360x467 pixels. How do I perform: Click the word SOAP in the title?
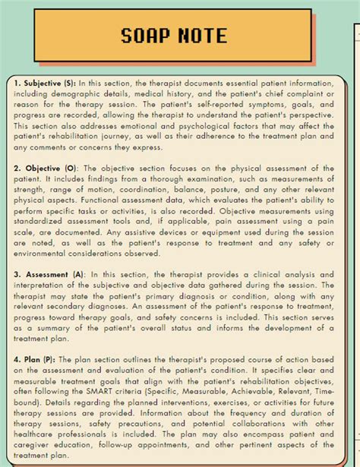(x=148, y=35)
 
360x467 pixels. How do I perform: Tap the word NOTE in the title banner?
(x=201, y=35)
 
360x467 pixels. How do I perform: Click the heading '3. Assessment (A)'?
(x=49, y=273)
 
